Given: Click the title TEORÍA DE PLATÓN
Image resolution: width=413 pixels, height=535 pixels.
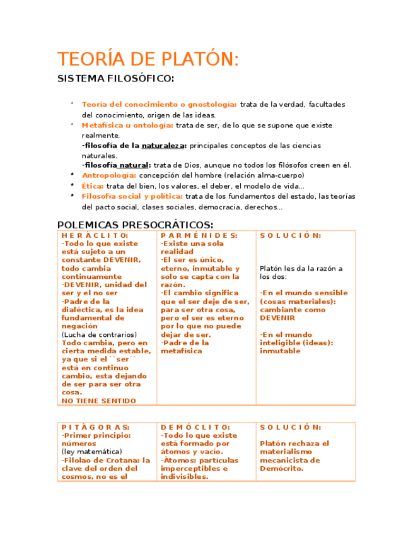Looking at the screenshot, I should tap(148, 59).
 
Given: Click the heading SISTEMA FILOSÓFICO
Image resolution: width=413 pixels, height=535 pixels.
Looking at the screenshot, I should tap(115, 79).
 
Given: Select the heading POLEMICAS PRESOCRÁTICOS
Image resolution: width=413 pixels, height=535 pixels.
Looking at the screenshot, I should tap(135, 225).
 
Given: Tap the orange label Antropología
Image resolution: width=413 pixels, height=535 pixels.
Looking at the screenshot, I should tap(109, 175).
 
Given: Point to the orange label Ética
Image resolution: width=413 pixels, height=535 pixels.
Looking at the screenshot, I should tap(93, 185).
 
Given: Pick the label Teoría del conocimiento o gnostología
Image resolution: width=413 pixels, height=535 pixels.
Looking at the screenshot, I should tap(160, 104).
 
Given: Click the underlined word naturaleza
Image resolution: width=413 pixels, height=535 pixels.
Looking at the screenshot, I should tap(163, 146).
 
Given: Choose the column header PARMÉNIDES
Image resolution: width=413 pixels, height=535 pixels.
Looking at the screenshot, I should tap(199, 235).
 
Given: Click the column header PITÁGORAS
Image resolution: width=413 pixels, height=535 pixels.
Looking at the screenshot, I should tap(95, 427).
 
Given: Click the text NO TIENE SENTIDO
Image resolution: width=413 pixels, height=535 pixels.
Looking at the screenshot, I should tap(98, 401).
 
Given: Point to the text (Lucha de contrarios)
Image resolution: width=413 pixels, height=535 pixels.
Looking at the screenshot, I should tap(99, 334).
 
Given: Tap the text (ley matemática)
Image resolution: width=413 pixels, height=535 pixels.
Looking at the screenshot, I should tap(91, 452).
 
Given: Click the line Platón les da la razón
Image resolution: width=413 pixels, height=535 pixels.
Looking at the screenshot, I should tap(301, 268).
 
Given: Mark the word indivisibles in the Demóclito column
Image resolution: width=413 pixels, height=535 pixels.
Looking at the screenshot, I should tap(184, 477).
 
